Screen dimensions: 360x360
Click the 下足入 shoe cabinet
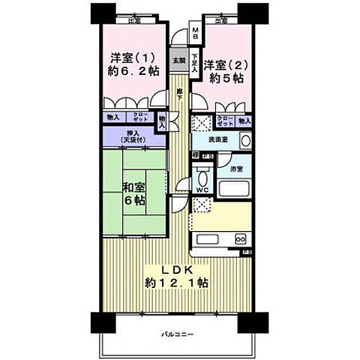coord(195,60)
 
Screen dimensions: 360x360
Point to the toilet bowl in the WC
coord(201,178)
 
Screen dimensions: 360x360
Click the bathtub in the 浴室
coord(234,185)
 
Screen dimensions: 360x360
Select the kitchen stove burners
coord(242,238)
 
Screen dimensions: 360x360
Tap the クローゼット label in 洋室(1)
coord(139,118)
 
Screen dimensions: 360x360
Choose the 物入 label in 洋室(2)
coord(244,120)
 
